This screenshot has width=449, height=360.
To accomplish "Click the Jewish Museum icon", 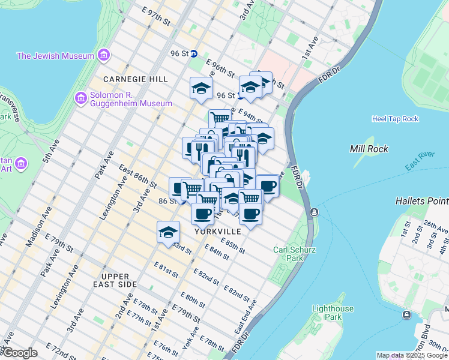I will tap(104, 56).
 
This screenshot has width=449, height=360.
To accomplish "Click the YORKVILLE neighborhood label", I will tap(217, 231).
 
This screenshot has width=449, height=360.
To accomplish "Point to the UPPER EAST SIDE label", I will tap(120, 284).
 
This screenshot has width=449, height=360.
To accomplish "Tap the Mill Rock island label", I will tap(370, 149).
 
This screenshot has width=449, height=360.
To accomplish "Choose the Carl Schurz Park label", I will tap(294, 254).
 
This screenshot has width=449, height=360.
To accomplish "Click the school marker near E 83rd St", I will tap(169, 232).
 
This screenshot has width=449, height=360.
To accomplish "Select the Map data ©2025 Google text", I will tap(411, 355).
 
